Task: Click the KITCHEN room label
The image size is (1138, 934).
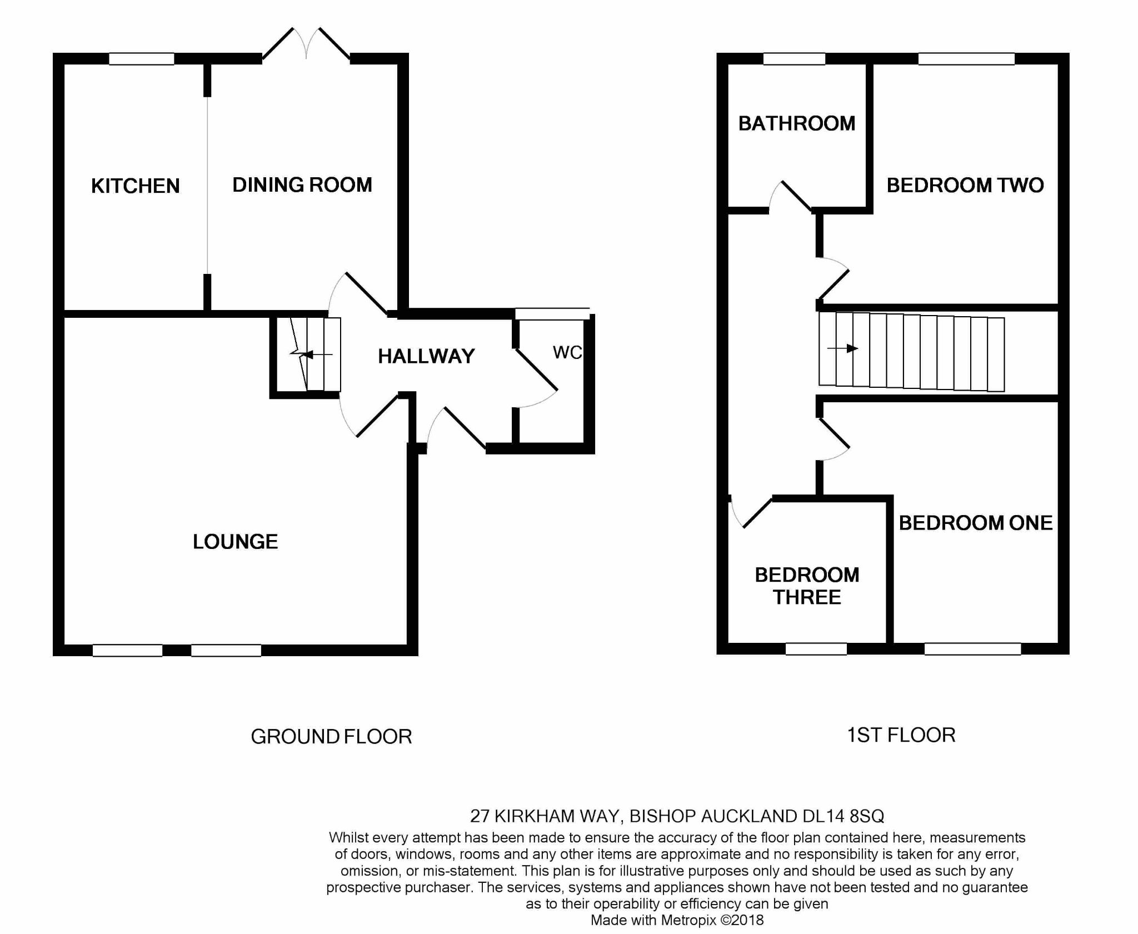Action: pos(135,186)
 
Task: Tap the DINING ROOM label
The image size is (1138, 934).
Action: pos(302,185)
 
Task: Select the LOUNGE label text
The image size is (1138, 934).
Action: pos(235,542)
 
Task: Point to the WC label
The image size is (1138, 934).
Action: pos(567,352)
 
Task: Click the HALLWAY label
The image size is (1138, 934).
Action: pos(426,356)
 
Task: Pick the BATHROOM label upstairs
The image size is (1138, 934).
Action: pos(796,123)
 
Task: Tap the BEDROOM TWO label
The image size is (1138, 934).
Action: pos(965,185)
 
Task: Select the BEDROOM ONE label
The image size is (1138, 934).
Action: pos(975,523)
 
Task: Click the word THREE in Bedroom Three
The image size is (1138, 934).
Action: pos(807,597)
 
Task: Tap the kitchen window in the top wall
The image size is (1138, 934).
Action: pos(141,59)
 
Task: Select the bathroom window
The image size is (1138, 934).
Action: pos(794,59)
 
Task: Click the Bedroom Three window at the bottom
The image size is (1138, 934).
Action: pos(816,649)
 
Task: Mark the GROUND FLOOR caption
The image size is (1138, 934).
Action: pos(331,737)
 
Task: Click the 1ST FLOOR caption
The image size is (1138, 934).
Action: pos(901,735)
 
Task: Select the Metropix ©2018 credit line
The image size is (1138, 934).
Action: pos(677,920)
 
